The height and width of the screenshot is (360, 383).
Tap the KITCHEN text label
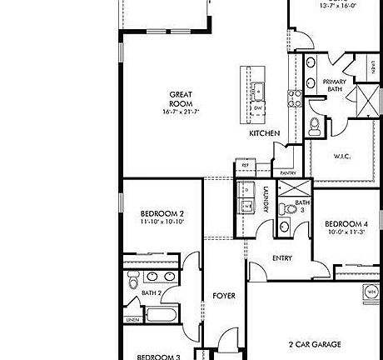(x=263, y=133)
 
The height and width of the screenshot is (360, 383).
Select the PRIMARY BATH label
(x=333, y=85)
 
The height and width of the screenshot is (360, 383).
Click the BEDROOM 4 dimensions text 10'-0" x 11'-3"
(x=346, y=232)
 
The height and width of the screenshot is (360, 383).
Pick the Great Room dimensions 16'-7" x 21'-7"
(x=182, y=111)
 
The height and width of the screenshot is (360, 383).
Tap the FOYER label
(x=222, y=296)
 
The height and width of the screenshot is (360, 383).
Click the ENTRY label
(x=282, y=258)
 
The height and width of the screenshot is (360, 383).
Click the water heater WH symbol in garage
(x=370, y=291)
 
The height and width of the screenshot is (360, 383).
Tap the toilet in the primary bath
(x=314, y=127)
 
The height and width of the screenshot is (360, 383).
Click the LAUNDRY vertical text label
(x=265, y=200)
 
